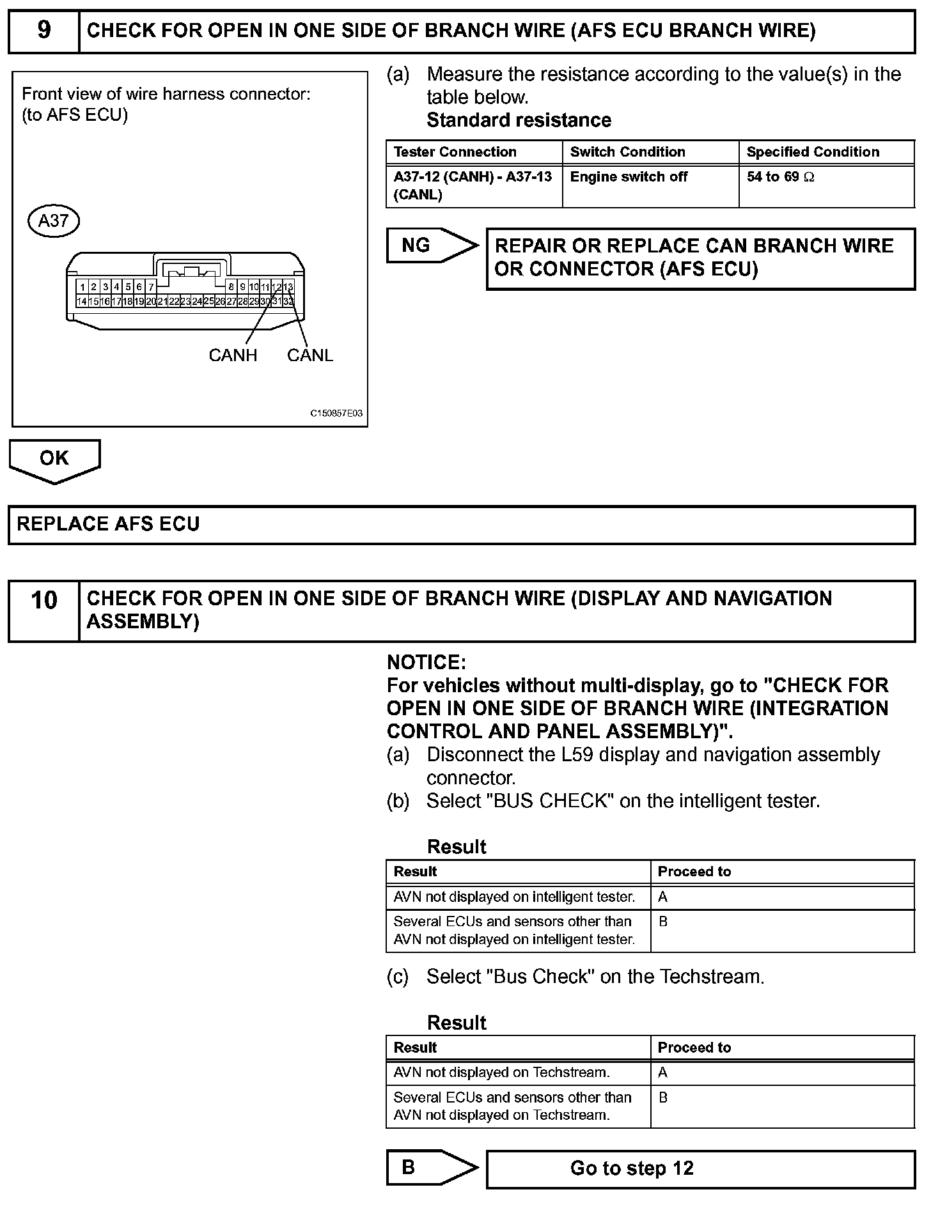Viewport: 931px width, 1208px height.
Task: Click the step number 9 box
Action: pyautogui.click(x=43, y=31)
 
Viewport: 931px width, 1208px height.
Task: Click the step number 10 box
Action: pyautogui.click(x=43, y=610)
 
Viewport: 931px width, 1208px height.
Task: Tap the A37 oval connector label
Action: pyautogui.click(x=54, y=221)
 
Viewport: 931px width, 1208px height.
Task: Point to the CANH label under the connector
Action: pyautogui.click(x=233, y=355)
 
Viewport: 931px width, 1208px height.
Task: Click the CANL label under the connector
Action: pyautogui.click(x=310, y=355)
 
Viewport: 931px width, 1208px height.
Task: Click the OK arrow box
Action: pyautogui.click(x=54, y=459)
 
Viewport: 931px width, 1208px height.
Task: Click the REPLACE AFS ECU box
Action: pyautogui.click(x=461, y=525)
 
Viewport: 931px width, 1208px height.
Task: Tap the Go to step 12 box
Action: pyautogui.click(x=700, y=1169)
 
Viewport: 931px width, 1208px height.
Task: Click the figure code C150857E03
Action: pyautogui.click(x=336, y=414)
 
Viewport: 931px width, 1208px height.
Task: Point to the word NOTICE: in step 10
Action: pyautogui.click(x=426, y=662)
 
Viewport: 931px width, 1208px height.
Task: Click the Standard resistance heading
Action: pyautogui.click(x=519, y=120)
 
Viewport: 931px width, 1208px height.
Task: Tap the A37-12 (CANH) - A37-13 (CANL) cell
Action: pyautogui.click(x=473, y=185)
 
